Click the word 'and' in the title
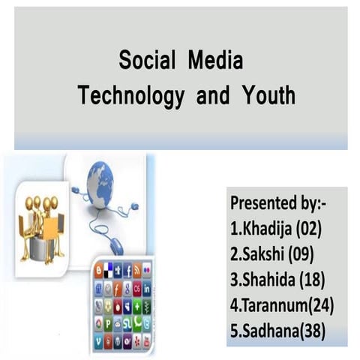click(x=196, y=97)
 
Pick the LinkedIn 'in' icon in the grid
click(x=147, y=288)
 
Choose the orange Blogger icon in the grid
click(x=99, y=271)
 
